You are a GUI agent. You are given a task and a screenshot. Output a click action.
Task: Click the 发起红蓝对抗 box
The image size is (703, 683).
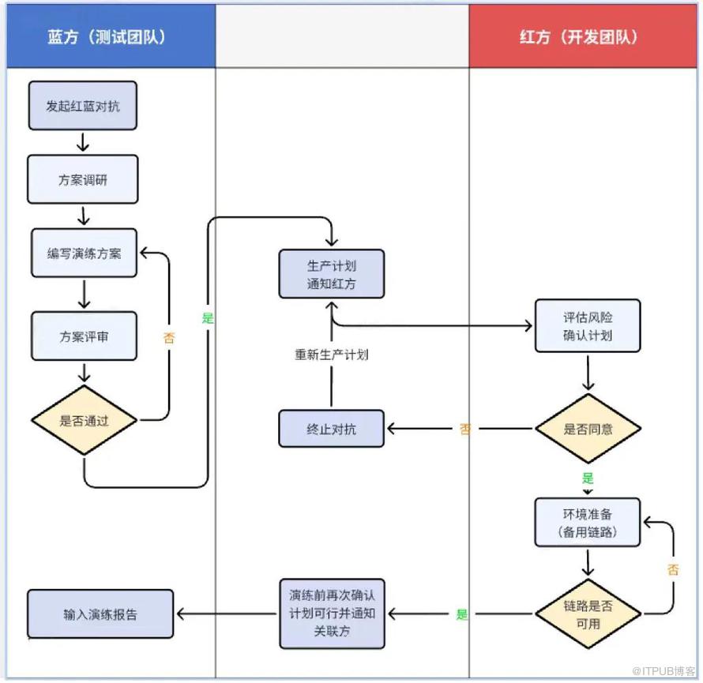pos(83,106)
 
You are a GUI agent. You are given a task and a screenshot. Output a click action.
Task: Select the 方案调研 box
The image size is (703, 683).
pos(83,179)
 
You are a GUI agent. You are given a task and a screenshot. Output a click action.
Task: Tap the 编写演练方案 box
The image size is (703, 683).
pos(84,253)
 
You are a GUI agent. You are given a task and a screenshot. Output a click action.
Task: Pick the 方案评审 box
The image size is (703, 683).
pos(84,336)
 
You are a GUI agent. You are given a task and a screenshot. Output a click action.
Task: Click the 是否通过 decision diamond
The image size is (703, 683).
pos(84,420)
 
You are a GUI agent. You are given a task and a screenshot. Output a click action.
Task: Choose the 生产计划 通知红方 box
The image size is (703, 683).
pos(332,274)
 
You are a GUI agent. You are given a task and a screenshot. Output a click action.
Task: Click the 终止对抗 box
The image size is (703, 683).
pos(332,429)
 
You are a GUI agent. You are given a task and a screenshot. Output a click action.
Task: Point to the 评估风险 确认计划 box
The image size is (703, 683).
pos(588,325)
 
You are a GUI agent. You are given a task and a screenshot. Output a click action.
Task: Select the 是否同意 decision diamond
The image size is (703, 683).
pos(588,430)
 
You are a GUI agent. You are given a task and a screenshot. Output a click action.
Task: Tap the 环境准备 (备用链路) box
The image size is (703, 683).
pos(588,522)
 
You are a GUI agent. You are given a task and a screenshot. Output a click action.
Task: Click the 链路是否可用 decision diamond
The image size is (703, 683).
pos(588,614)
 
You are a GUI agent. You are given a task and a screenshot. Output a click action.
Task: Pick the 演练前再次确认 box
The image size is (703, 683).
pos(332,614)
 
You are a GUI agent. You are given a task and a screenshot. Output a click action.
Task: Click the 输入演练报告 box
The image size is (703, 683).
pos(100,614)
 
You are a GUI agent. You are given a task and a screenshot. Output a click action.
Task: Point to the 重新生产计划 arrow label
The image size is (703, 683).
pos(332,355)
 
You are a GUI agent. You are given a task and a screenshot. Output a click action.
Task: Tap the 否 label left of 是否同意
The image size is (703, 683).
pos(465,430)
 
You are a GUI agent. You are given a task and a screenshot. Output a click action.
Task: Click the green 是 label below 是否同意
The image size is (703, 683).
pos(588,478)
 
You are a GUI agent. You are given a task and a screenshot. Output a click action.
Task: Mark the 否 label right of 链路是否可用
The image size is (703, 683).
pos(673,569)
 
